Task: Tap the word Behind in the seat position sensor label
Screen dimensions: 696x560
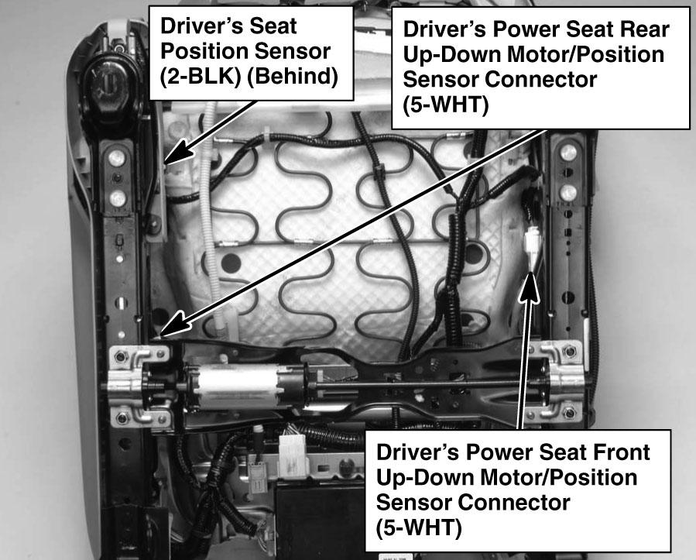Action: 291,77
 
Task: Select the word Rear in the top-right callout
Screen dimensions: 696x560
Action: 645,29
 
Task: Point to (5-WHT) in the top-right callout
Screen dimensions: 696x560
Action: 446,105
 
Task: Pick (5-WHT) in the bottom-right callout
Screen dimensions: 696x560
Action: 419,528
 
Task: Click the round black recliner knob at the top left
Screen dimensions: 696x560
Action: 107,84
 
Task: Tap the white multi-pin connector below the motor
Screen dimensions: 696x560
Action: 293,455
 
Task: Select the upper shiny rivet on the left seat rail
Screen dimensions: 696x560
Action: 116,157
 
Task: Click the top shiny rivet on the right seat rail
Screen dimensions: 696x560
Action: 568,153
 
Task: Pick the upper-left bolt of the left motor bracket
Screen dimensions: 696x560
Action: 121,356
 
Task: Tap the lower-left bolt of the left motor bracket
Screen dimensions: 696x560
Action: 122,417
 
